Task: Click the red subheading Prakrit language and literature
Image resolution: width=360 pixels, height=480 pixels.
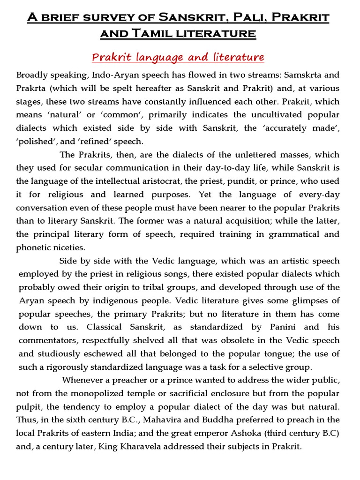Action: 178,57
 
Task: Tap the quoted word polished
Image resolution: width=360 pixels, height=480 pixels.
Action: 33,142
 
